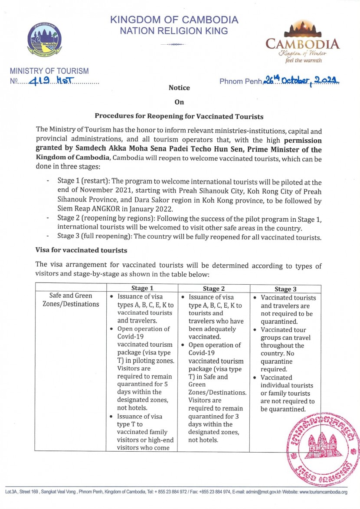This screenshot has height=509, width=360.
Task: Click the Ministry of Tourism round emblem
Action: point(44,40)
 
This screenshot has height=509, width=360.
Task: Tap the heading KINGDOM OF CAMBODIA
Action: point(174,20)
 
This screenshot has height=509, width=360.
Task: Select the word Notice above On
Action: point(179,88)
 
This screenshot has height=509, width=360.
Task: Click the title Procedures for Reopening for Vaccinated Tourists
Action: point(179,116)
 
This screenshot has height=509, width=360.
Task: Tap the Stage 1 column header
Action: point(142,288)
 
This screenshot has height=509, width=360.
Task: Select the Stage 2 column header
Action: point(213,289)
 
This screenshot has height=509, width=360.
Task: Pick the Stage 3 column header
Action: point(285,289)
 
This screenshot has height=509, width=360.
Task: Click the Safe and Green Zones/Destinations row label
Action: point(71,300)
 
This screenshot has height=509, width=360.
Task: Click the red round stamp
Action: point(324,444)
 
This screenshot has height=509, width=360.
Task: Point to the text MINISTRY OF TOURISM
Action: point(49,71)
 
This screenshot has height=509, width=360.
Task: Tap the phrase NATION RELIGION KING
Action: point(174,31)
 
